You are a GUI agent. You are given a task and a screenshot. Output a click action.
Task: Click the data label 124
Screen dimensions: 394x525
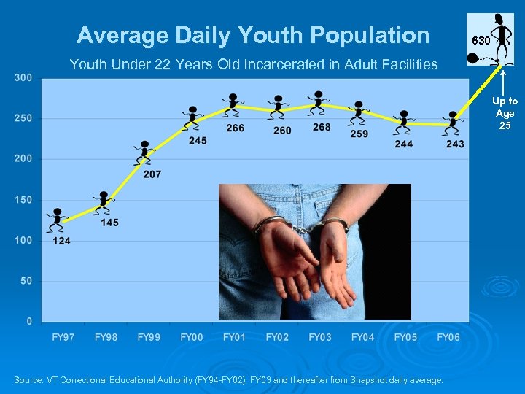(x=61, y=241)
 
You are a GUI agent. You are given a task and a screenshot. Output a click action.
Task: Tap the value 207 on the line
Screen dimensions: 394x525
(x=152, y=174)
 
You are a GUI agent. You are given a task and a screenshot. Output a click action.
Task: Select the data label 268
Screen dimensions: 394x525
(x=322, y=127)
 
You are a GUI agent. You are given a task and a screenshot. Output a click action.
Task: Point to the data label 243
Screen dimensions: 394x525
(x=455, y=144)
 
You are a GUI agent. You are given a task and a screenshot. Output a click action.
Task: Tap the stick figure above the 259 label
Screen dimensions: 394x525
(x=358, y=111)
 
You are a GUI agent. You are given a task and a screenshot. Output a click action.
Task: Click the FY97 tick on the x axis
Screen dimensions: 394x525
(x=63, y=337)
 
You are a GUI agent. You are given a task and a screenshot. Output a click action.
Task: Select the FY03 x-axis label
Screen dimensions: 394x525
(x=320, y=337)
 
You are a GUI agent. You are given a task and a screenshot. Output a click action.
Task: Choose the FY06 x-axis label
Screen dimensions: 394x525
(x=448, y=337)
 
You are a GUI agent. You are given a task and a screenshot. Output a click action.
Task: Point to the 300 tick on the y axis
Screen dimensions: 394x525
(x=24, y=78)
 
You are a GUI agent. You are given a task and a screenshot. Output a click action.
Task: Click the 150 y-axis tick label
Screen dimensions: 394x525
(x=24, y=200)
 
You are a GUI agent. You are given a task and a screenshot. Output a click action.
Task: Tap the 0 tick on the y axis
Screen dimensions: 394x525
(x=28, y=321)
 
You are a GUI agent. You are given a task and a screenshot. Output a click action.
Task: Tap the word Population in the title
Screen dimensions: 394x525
(x=370, y=35)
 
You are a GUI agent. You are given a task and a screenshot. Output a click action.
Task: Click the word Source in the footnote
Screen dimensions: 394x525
(x=28, y=380)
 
